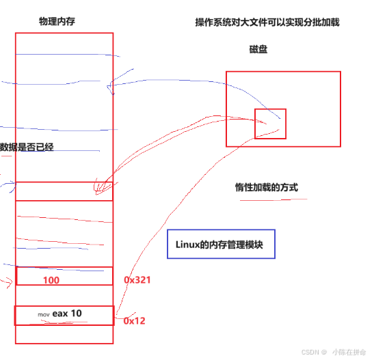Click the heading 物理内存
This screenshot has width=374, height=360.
pyautogui.click(x=57, y=21)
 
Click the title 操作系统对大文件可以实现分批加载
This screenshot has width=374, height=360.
pyautogui.click(x=267, y=22)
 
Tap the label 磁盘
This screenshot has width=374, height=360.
pyautogui.click(x=258, y=49)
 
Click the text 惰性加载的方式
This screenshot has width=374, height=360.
pyautogui.click(x=267, y=187)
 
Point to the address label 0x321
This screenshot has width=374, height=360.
pyautogui.click(x=137, y=280)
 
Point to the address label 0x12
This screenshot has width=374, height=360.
pyautogui.click(x=134, y=320)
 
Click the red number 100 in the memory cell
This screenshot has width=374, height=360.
pyautogui.click(x=51, y=280)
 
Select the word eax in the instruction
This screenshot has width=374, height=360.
pyautogui.click(x=60, y=314)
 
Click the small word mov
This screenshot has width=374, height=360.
pyautogui.click(x=44, y=315)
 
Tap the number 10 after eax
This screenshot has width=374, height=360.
pyautogui.click(x=77, y=314)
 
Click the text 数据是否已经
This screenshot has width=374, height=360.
pyautogui.click(x=27, y=147)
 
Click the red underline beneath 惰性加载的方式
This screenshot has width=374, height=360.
pyautogui.click(x=273, y=199)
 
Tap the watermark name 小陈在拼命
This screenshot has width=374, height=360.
pyautogui.click(x=349, y=352)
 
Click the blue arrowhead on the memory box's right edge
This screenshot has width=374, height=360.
pyautogui.click(x=109, y=86)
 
